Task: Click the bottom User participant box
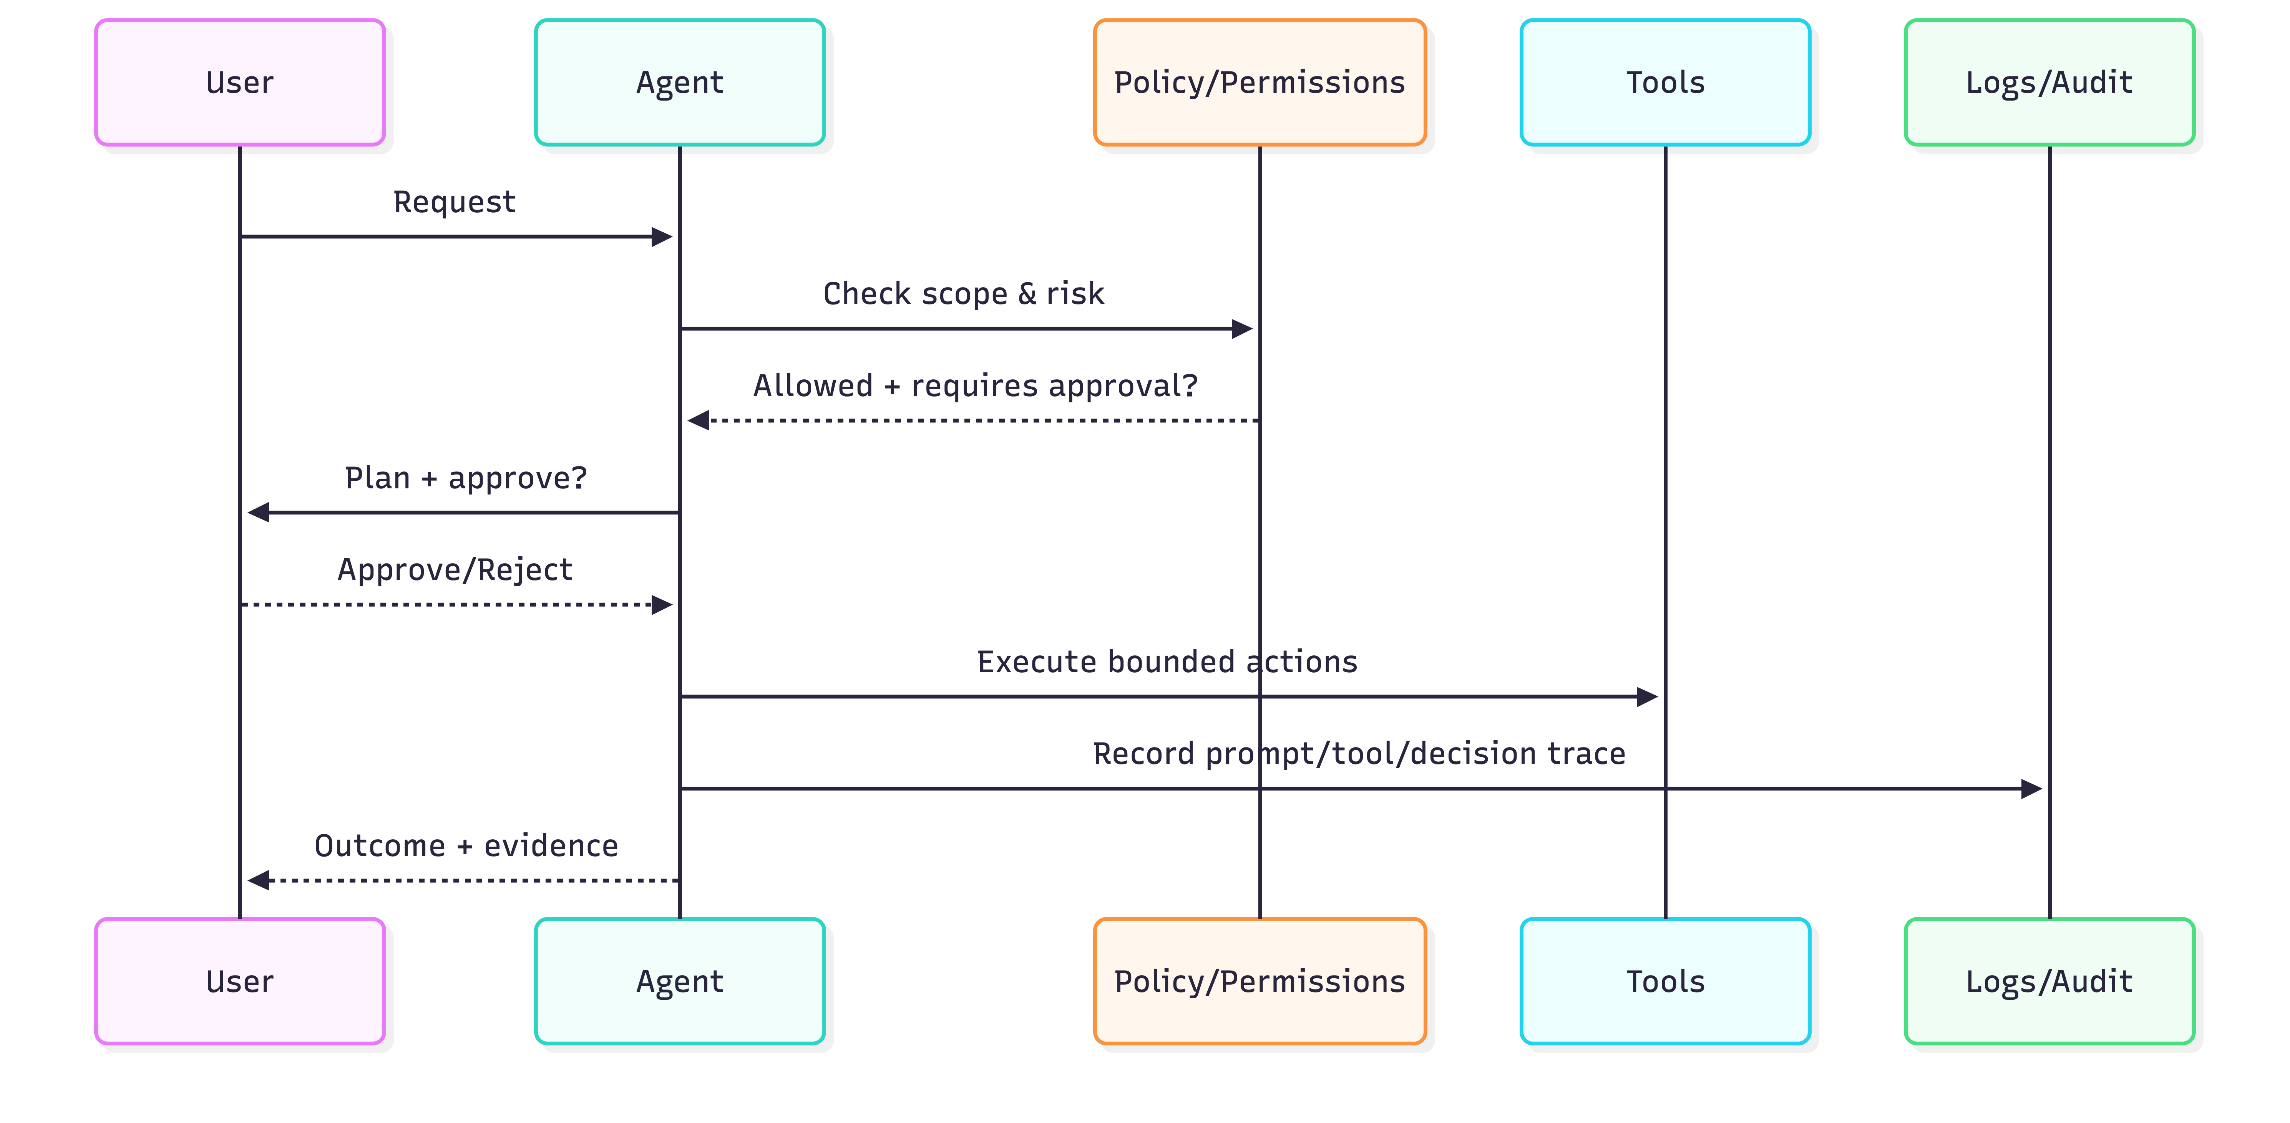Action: point(240,981)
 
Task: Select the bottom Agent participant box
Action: point(680,981)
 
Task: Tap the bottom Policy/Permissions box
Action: point(1259,981)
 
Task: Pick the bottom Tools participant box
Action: point(1665,981)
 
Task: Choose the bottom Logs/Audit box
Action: point(2049,981)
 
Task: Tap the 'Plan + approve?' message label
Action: point(466,478)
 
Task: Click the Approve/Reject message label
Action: point(454,569)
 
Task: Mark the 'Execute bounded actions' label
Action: point(1167,662)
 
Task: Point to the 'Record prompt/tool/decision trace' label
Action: point(1358,753)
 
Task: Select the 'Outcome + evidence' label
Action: point(466,846)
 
